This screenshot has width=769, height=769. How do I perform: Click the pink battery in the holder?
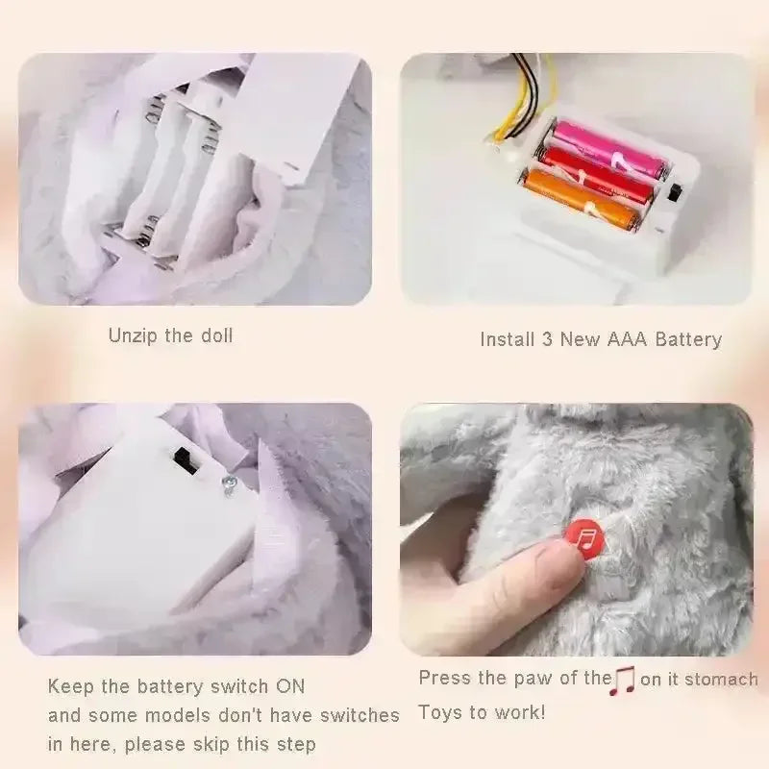(x=609, y=149)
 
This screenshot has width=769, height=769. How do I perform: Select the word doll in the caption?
(x=217, y=335)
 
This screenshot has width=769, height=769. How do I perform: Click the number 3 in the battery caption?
(x=547, y=339)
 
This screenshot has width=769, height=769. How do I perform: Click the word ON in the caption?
(x=290, y=685)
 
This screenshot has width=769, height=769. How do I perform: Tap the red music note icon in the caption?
(x=622, y=681)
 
